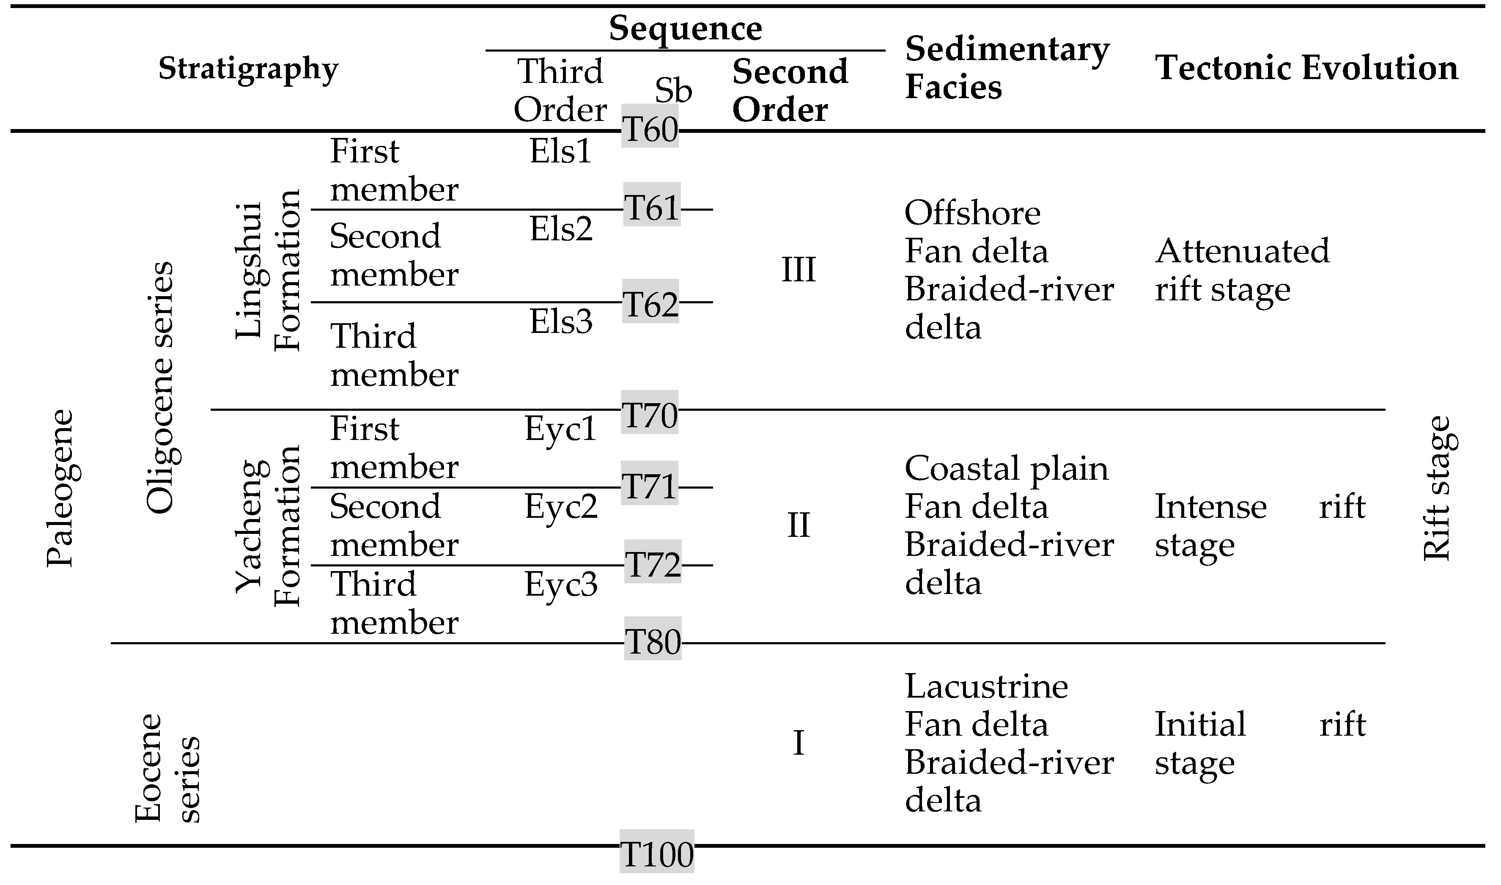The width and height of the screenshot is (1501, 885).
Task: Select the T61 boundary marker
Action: point(652,208)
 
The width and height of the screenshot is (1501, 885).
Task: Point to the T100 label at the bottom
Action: point(657,854)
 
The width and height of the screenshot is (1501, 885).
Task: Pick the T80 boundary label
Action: point(653,642)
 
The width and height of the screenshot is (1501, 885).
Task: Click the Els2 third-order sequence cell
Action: point(561,229)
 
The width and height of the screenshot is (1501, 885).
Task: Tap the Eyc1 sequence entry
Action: point(560,428)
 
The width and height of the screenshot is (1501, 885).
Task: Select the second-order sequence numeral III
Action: point(798,269)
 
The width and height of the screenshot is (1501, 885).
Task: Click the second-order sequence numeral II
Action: point(798,525)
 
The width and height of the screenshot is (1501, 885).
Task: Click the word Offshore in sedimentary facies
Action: point(972,213)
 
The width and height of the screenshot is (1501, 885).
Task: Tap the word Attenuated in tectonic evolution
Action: point(1242,251)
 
